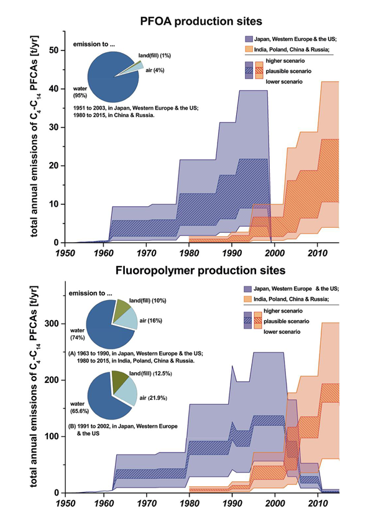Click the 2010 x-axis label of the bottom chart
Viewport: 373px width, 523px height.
click(x=317, y=503)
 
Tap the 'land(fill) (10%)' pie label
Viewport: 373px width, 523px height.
click(x=146, y=301)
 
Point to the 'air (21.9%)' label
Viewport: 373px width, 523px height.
click(x=156, y=397)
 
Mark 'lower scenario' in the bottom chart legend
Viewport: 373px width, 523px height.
click(x=292, y=333)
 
